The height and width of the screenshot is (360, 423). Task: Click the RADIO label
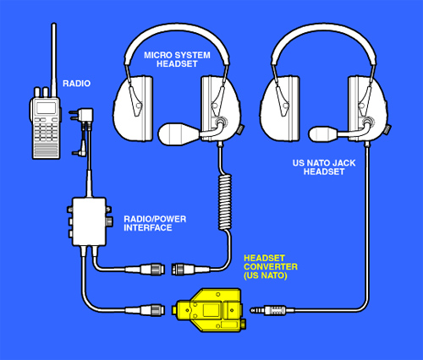(76, 84)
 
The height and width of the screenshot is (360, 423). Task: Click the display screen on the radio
(47, 108)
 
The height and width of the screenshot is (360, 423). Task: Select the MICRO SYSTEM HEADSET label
(177, 59)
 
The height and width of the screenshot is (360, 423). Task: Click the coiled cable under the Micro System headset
(225, 202)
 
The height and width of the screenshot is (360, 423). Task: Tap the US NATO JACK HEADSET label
(324, 167)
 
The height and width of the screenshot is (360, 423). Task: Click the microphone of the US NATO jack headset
(323, 134)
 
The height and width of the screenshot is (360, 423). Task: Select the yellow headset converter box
(210, 310)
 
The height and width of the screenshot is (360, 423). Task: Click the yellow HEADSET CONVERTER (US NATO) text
(271, 267)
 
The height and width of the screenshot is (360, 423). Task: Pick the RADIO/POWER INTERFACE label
(155, 223)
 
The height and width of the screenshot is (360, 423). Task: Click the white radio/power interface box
(89, 221)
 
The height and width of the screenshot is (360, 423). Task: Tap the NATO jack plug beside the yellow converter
(272, 310)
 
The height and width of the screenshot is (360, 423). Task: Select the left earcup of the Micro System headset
(133, 108)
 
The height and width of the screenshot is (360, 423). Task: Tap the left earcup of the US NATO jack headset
(280, 108)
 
